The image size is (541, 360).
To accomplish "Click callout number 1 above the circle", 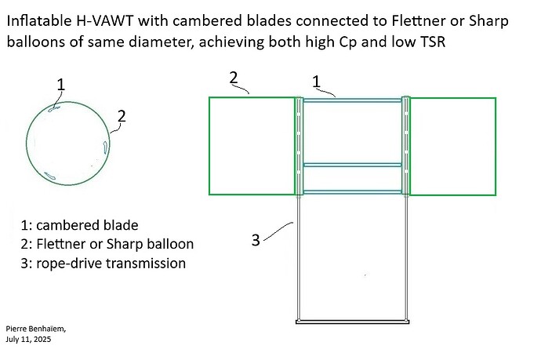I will coord(61,84).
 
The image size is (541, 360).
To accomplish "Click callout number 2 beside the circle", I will coord(122,116).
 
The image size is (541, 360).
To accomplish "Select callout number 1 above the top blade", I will coord(317,81).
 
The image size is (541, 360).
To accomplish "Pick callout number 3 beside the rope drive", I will coord(256,240).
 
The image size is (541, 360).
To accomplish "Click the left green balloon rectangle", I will coord(252,146).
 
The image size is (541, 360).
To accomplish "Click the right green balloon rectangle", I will coord(453,146).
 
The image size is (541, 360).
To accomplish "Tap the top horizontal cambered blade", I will coord(352,100).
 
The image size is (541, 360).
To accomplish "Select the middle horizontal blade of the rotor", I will coord(352,165).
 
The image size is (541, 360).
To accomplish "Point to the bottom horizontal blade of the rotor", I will coord(352,191).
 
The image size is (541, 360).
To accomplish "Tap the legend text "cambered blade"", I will coord(86,225).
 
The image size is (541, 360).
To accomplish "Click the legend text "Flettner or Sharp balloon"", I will coord(118,244).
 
